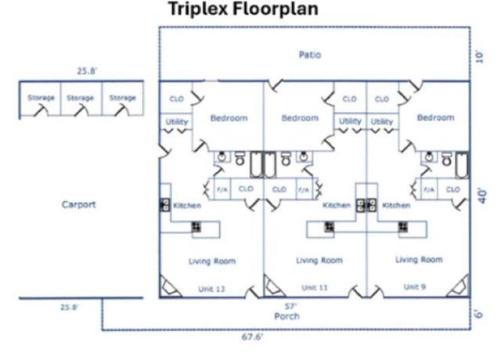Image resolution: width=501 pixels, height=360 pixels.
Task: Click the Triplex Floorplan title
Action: click(x=242, y=12)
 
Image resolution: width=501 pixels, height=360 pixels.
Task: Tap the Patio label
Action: click(x=310, y=55)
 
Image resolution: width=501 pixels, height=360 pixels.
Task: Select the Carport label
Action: click(x=78, y=205)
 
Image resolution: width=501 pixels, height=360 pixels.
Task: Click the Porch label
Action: click(x=287, y=316)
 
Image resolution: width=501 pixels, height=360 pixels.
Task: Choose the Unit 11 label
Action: click(x=315, y=288)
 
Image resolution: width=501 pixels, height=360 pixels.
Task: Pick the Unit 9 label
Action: click(x=413, y=287)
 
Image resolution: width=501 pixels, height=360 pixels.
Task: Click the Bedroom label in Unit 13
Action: click(x=229, y=118)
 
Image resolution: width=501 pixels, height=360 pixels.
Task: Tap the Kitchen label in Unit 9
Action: click(x=396, y=205)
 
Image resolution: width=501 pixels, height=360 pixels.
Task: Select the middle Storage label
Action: click(x=81, y=98)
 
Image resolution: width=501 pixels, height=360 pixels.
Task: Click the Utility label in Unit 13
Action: click(x=175, y=122)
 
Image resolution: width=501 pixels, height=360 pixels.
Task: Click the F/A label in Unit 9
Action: click(x=429, y=189)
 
